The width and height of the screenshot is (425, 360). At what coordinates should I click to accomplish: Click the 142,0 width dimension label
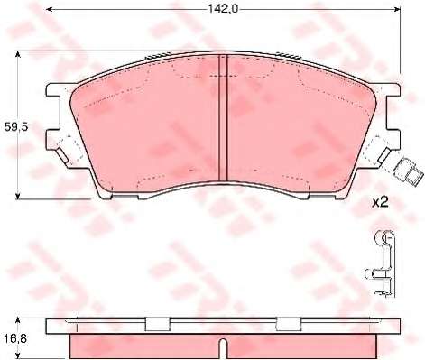223,9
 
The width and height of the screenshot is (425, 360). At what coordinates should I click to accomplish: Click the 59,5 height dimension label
16,127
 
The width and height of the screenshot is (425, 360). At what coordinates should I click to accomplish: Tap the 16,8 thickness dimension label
15,338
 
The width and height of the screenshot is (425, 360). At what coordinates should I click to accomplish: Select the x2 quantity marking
380,202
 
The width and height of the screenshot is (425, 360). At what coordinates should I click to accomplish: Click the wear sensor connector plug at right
407,172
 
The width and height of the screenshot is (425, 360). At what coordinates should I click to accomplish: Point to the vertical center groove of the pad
223,118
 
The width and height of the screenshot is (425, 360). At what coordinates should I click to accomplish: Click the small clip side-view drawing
381,263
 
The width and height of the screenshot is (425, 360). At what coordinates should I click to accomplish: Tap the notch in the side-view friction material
223,349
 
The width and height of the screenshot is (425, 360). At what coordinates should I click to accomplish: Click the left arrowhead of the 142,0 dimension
50,10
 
